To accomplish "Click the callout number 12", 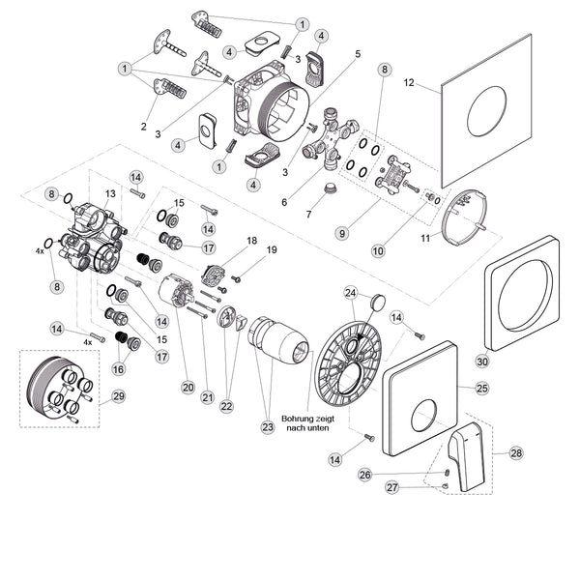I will click(x=409, y=83).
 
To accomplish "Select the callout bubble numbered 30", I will click(x=482, y=362).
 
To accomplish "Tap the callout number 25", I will click(x=482, y=389).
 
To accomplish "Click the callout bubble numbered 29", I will click(x=118, y=396).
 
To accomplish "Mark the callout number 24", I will click(x=351, y=293).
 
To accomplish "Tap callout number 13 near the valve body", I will click(x=111, y=194).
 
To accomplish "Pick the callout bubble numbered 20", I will click(x=188, y=387).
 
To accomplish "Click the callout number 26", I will click(x=364, y=475).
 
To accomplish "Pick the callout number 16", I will click(x=119, y=368).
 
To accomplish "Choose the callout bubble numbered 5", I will click(x=357, y=53).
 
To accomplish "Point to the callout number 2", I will click(x=143, y=127).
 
